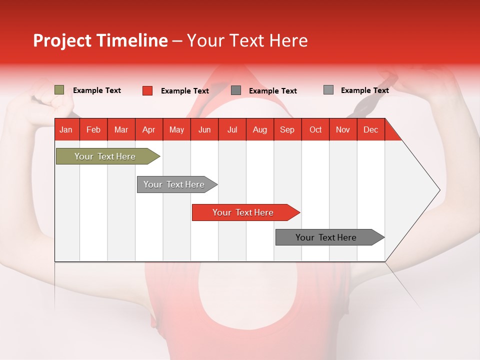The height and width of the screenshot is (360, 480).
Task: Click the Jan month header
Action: (x=66, y=130)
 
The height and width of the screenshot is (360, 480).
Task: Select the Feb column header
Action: (x=93, y=130)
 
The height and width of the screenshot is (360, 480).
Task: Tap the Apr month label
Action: (x=149, y=130)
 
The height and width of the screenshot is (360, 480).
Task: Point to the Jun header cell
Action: (x=204, y=130)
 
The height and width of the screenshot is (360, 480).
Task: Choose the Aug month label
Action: (x=260, y=130)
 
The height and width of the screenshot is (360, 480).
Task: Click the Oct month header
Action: (x=315, y=130)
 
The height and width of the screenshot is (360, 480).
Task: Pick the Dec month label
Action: (x=370, y=130)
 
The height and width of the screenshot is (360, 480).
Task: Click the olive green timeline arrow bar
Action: (x=108, y=156)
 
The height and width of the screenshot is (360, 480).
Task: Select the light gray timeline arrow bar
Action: (x=177, y=184)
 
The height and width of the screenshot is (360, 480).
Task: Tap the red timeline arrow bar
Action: (x=246, y=212)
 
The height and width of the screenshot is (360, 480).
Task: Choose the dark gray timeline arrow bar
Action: (x=330, y=237)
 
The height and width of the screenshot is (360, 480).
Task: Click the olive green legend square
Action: (x=59, y=89)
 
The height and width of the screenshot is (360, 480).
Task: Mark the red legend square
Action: (x=147, y=90)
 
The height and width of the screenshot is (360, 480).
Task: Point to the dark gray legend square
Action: (x=235, y=90)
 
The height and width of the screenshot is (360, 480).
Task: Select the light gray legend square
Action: (x=328, y=89)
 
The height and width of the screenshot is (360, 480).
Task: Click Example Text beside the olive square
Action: (x=96, y=90)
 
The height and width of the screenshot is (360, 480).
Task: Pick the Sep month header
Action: (x=287, y=130)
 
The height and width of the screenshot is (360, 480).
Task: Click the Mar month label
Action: (x=121, y=130)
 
